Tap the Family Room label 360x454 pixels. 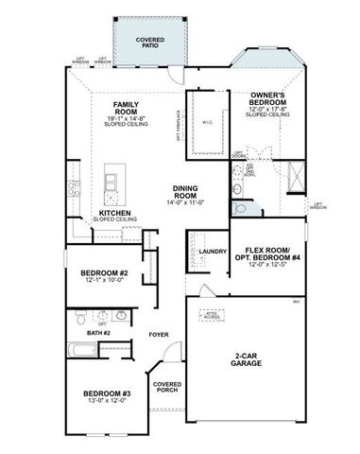[127, 107]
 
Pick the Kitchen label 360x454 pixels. [114, 213]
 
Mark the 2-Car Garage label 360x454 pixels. [248, 359]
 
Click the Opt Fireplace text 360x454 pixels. [178, 125]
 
